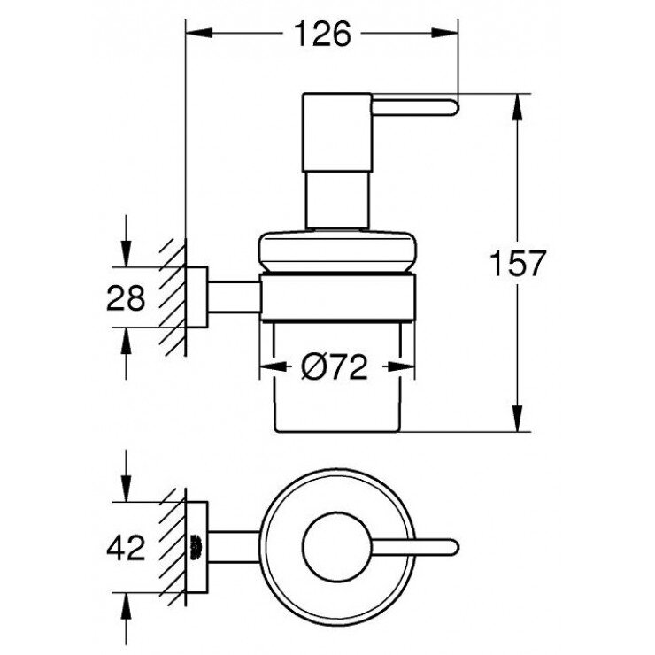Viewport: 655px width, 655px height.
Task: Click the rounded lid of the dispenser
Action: coord(336,251)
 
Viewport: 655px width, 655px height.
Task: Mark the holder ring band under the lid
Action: coord(336,295)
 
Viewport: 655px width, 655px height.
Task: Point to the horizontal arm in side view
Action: coord(233,295)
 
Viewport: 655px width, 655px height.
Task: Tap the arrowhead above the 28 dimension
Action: coord(127,256)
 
